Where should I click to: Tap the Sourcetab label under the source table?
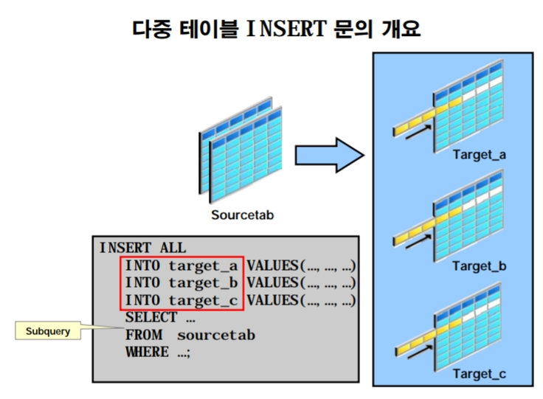tap(242, 215)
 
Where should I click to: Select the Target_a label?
tap(479, 156)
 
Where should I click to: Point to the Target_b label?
tap(479, 266)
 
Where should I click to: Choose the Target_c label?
tap(479, 374)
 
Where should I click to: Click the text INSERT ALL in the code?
tap(143, 249)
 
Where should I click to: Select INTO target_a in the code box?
tap(181, 266)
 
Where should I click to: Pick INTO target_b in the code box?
tap(181, 282)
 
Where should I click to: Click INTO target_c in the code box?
tap(181, 300)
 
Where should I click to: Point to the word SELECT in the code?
tap(151, 317)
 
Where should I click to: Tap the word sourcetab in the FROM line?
tap(216, 335)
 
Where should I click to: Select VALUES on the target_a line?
tap(272, 266)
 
